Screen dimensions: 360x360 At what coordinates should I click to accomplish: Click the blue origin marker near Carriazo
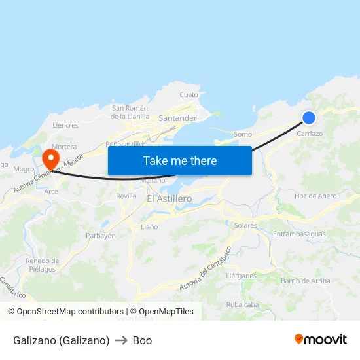pyautogui.click(x=309, y=118)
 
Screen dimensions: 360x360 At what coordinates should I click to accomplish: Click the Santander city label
pyautogui.click(x=177, y=118)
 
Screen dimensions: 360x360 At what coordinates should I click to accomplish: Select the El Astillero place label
pyautogui.click(x=169, y=198)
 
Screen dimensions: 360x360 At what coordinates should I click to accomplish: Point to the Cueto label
pyautogui.click(x=189, y=95)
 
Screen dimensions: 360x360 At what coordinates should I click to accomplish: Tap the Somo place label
pyautogui.click(x=243, y=134)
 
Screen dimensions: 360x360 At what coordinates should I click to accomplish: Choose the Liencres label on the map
pyautogui.click(x=65, y=125)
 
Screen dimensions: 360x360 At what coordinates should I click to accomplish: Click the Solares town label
pyautogui.click(x=245, y=225)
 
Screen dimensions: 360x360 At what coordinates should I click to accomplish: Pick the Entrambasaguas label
pyautogui.click(x=298, y=234)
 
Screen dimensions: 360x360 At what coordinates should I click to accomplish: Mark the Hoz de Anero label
pyautogui.click(x=315, y=196)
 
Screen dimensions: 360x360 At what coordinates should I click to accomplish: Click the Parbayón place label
pyautogui.click(x=101, y=236)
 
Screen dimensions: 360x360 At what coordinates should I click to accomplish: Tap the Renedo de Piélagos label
pyautogui.click(x=43, y=264)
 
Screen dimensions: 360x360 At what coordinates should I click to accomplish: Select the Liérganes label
pyautogui.click(x=241, y=276)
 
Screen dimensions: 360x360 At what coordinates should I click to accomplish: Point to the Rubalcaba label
pyautogui.click(x=242, y=304)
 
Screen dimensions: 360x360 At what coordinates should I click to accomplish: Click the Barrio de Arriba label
pyautogui.click(x=305, y=281)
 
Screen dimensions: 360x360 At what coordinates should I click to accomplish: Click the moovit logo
pyautogui.click(x=320, y=339)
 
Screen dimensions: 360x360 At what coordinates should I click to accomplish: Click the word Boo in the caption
pyautogui.click(x=142, y=340)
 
